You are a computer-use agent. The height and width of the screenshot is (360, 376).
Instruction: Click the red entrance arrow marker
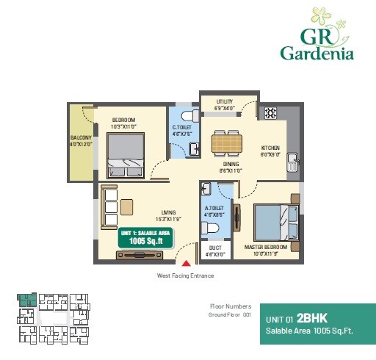click(187, 261)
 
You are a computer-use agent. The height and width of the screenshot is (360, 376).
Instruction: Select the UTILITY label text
click(224, 101)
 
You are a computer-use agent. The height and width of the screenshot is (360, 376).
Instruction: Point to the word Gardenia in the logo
click(317, 53)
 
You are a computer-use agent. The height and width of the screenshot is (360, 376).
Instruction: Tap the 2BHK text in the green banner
click(311, 318)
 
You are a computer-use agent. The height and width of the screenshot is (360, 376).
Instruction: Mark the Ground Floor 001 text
click(230, 314)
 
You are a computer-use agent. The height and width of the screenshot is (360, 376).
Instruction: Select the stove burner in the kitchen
click(270, 113)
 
